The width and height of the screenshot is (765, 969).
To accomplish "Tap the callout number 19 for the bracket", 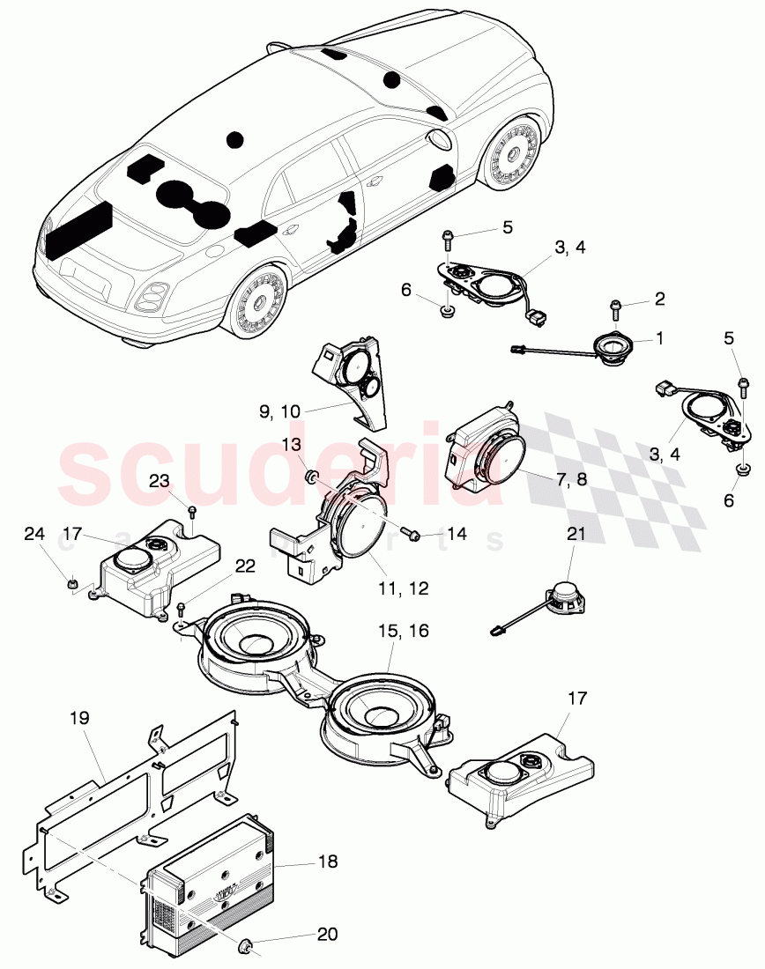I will click(80, 718).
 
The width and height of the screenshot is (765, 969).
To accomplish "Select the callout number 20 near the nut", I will click(326, 935).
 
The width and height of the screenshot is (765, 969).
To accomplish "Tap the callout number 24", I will click(33, 533).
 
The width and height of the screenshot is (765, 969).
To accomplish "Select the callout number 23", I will click(159, 481).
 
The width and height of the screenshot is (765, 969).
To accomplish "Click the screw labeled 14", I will click(412, 532).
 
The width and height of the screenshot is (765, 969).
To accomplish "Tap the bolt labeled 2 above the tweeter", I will click(615, 307).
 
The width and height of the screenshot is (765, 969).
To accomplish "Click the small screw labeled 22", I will click(181, 609).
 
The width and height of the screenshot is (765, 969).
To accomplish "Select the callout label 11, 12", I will click(405, 588).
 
